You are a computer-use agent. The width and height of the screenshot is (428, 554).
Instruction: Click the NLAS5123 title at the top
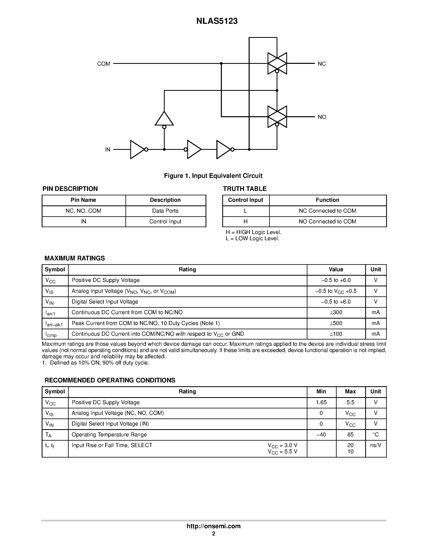point(217,21)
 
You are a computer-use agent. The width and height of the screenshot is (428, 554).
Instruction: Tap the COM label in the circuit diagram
point(104,64)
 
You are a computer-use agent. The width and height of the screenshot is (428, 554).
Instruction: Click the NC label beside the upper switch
point(322,64)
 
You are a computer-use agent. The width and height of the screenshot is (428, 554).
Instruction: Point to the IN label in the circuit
point(108,150)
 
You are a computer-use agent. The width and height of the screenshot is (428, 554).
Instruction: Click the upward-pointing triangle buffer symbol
point(164,119)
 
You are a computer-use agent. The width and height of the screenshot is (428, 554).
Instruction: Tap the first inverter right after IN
point(138,150)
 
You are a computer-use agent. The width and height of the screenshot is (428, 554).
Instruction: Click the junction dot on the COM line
point(221,63)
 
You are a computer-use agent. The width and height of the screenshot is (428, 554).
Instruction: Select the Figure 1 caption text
point(213,176)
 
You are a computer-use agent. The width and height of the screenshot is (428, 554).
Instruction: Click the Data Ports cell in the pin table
point(165,211)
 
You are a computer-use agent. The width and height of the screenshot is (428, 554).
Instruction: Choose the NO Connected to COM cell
point(327,222)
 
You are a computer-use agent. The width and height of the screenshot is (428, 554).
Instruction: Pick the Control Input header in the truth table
point(245,200)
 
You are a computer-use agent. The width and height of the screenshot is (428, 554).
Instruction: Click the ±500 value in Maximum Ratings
point(336,323)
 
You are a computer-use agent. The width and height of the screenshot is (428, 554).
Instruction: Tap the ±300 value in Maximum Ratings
point(336,312)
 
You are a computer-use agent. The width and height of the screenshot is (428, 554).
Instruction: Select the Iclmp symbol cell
point(51,334)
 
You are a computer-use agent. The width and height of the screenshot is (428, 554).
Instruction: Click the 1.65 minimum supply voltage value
point(321,402)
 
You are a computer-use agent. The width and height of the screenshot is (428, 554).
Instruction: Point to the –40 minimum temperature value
point(321,435)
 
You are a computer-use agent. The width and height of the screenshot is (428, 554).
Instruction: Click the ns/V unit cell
point(375,445)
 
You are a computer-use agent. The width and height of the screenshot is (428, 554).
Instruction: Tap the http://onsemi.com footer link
point(213,526)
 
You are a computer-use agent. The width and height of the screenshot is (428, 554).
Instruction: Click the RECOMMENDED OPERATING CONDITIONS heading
point(110,380)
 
